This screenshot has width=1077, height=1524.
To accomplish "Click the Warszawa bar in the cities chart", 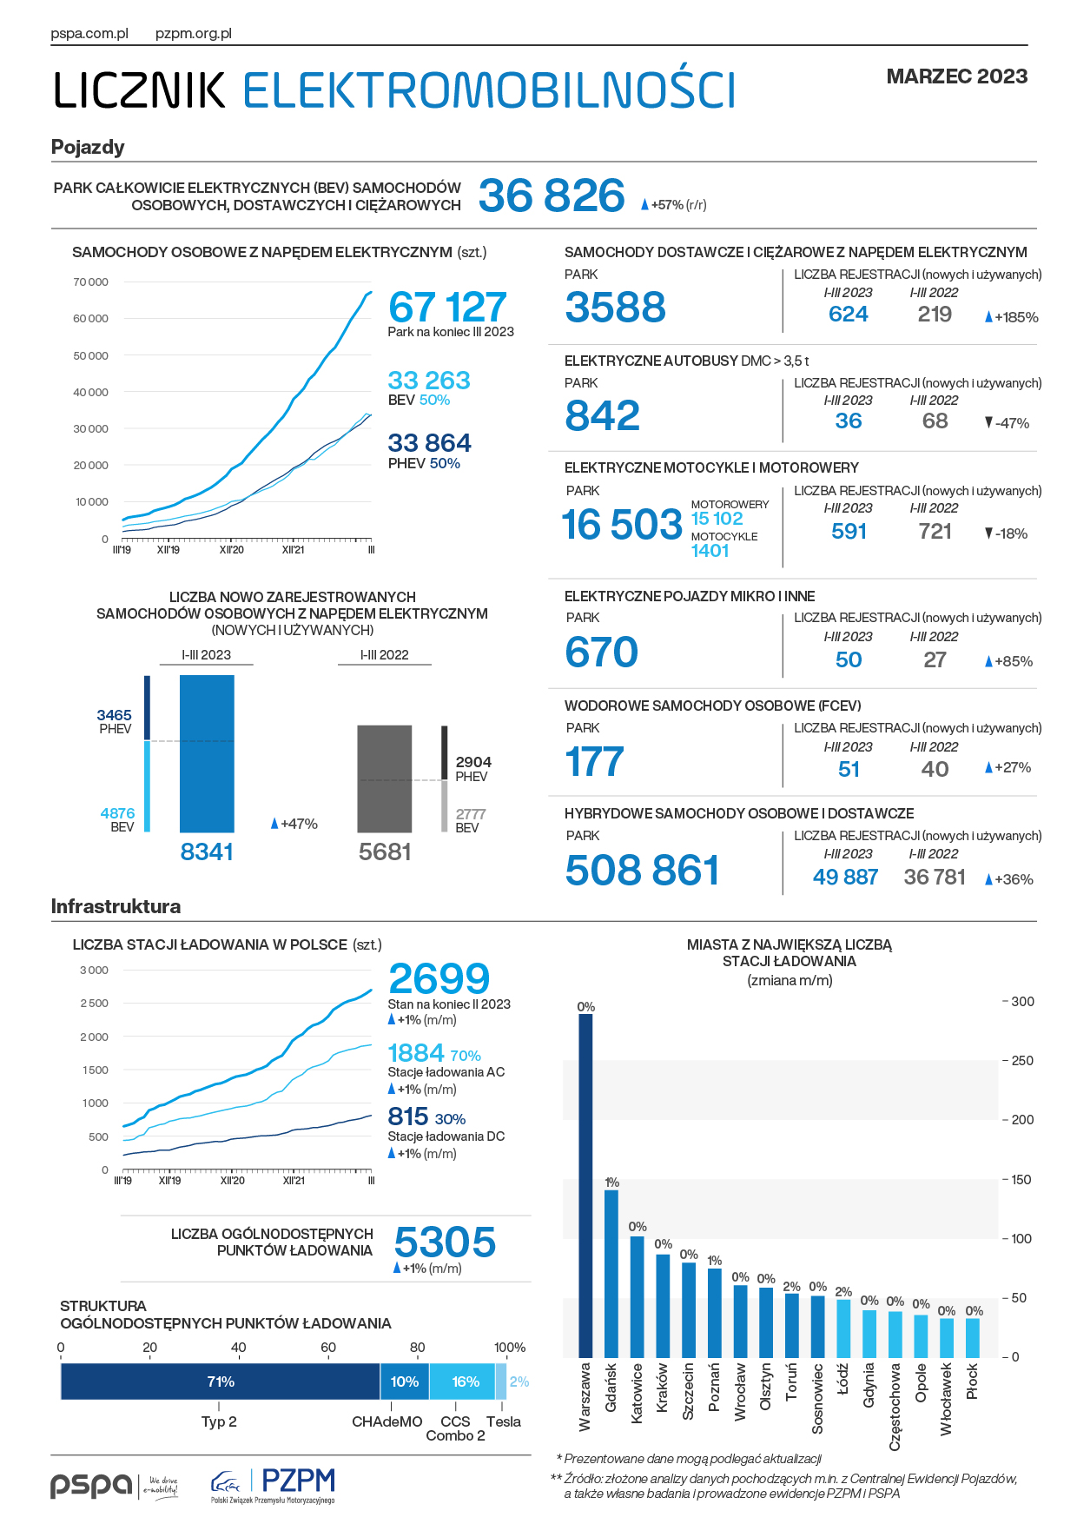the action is [585, 1185].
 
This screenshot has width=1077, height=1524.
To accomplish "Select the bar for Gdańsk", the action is [611, 1273].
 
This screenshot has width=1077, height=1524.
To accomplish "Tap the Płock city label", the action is [973, 1382].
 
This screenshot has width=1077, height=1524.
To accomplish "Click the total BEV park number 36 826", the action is [552, 195].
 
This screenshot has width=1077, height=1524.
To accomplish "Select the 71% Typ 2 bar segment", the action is [221, 1382].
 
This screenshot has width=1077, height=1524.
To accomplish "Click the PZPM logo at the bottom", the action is [273, 1486].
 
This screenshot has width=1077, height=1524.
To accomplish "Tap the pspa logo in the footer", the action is [114, 1486].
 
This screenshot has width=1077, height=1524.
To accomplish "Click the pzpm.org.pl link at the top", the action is [194, 34].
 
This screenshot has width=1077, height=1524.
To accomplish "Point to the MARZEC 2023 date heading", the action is [957, 76].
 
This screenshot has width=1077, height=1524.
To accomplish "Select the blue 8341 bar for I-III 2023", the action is [207, 754].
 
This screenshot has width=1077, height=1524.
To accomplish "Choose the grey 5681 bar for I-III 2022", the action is [385, 779].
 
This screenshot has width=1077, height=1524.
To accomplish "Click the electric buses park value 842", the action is [603, 415].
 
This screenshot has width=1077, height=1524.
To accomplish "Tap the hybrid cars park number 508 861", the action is [643, 871].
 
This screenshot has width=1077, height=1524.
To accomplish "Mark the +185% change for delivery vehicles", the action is [1012, 317].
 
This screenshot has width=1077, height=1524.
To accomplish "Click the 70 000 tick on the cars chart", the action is [91, 282].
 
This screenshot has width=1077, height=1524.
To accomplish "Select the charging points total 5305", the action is [445, 1242].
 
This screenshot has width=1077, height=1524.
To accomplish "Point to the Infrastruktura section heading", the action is [116, 906].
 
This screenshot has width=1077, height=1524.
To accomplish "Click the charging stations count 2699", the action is [439, 979].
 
